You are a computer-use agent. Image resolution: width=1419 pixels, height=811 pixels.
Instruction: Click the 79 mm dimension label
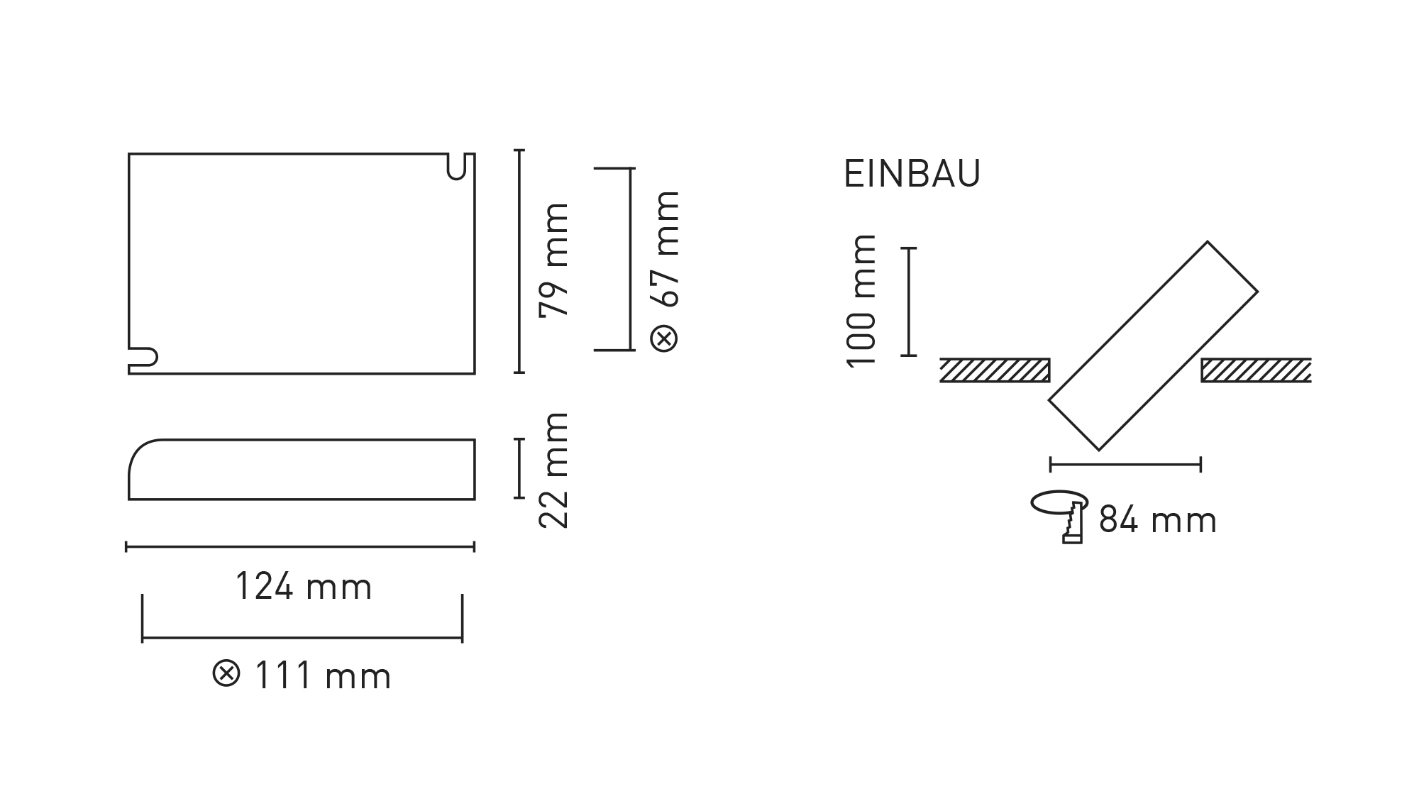[554, 260]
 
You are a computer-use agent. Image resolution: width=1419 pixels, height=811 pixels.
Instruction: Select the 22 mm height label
[554, 470]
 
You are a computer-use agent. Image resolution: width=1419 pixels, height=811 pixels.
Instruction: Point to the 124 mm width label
[303, 587]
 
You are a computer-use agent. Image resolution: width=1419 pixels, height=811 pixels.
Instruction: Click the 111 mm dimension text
[322, 675]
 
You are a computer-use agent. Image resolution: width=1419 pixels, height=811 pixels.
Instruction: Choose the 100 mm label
[862, 300]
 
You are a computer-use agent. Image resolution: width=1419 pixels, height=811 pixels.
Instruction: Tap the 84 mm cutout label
[1158, 520]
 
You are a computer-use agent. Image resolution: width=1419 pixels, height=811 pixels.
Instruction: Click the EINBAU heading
[912, 174]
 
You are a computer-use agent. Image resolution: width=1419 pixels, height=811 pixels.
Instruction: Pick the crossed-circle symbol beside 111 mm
[226, 673]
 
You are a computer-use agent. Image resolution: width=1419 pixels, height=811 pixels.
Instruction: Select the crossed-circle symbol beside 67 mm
[665, 338]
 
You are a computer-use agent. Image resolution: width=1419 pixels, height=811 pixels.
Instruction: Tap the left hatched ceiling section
[994, 370]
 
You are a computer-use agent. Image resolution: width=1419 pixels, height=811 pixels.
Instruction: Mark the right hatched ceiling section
[1255, 370]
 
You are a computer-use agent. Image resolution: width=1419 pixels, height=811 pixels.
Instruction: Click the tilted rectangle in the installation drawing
[1153, 346]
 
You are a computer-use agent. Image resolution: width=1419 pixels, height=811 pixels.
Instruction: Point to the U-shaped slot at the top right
[457, 166]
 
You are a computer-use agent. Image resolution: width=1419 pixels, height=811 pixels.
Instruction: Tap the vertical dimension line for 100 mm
[909, 302]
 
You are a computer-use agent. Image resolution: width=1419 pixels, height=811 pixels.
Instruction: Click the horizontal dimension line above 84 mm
[1125, 465]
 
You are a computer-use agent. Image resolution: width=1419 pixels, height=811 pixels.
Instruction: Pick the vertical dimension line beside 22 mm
[519, 468]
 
